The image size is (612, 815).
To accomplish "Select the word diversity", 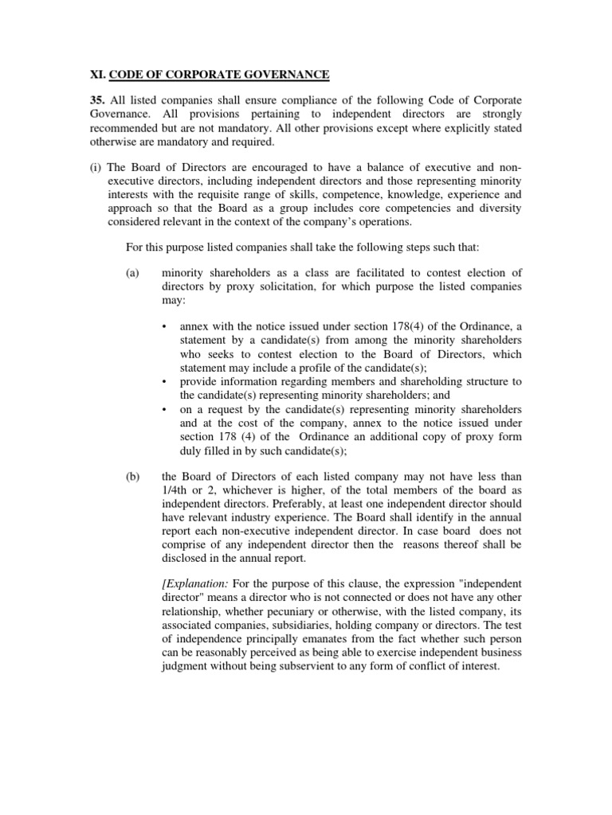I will [500, 208].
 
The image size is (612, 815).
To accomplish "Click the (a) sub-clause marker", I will [133, 272].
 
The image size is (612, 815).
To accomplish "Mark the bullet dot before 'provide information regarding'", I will [164, 381].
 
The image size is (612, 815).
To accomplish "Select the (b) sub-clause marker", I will [133, 477].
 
